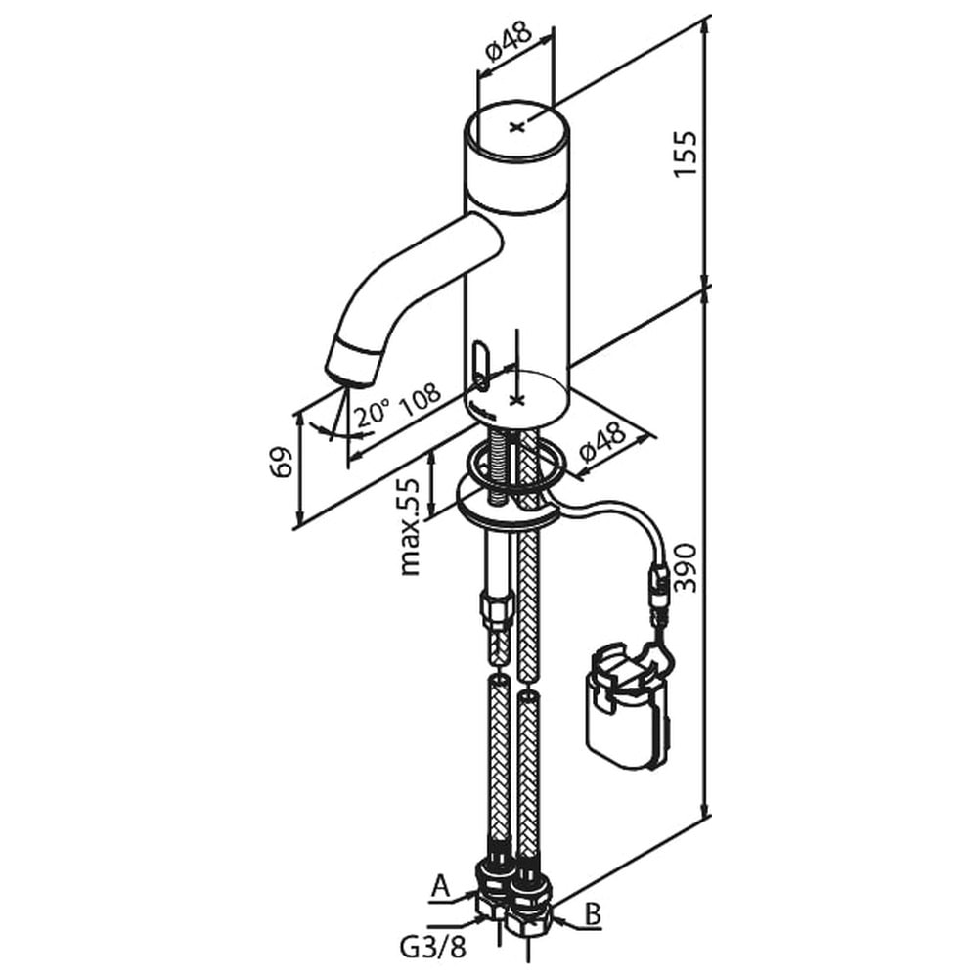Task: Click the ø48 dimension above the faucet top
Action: (x=509, y=42)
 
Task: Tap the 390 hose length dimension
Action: (x=686, y=567)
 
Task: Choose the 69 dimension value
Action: (x=282, y=463)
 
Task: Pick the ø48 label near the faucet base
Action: (x=601, y=442)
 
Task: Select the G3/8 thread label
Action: (x=433, y=948)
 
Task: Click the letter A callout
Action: (x=440, y=887)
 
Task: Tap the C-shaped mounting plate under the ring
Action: (x=507, y=506)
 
